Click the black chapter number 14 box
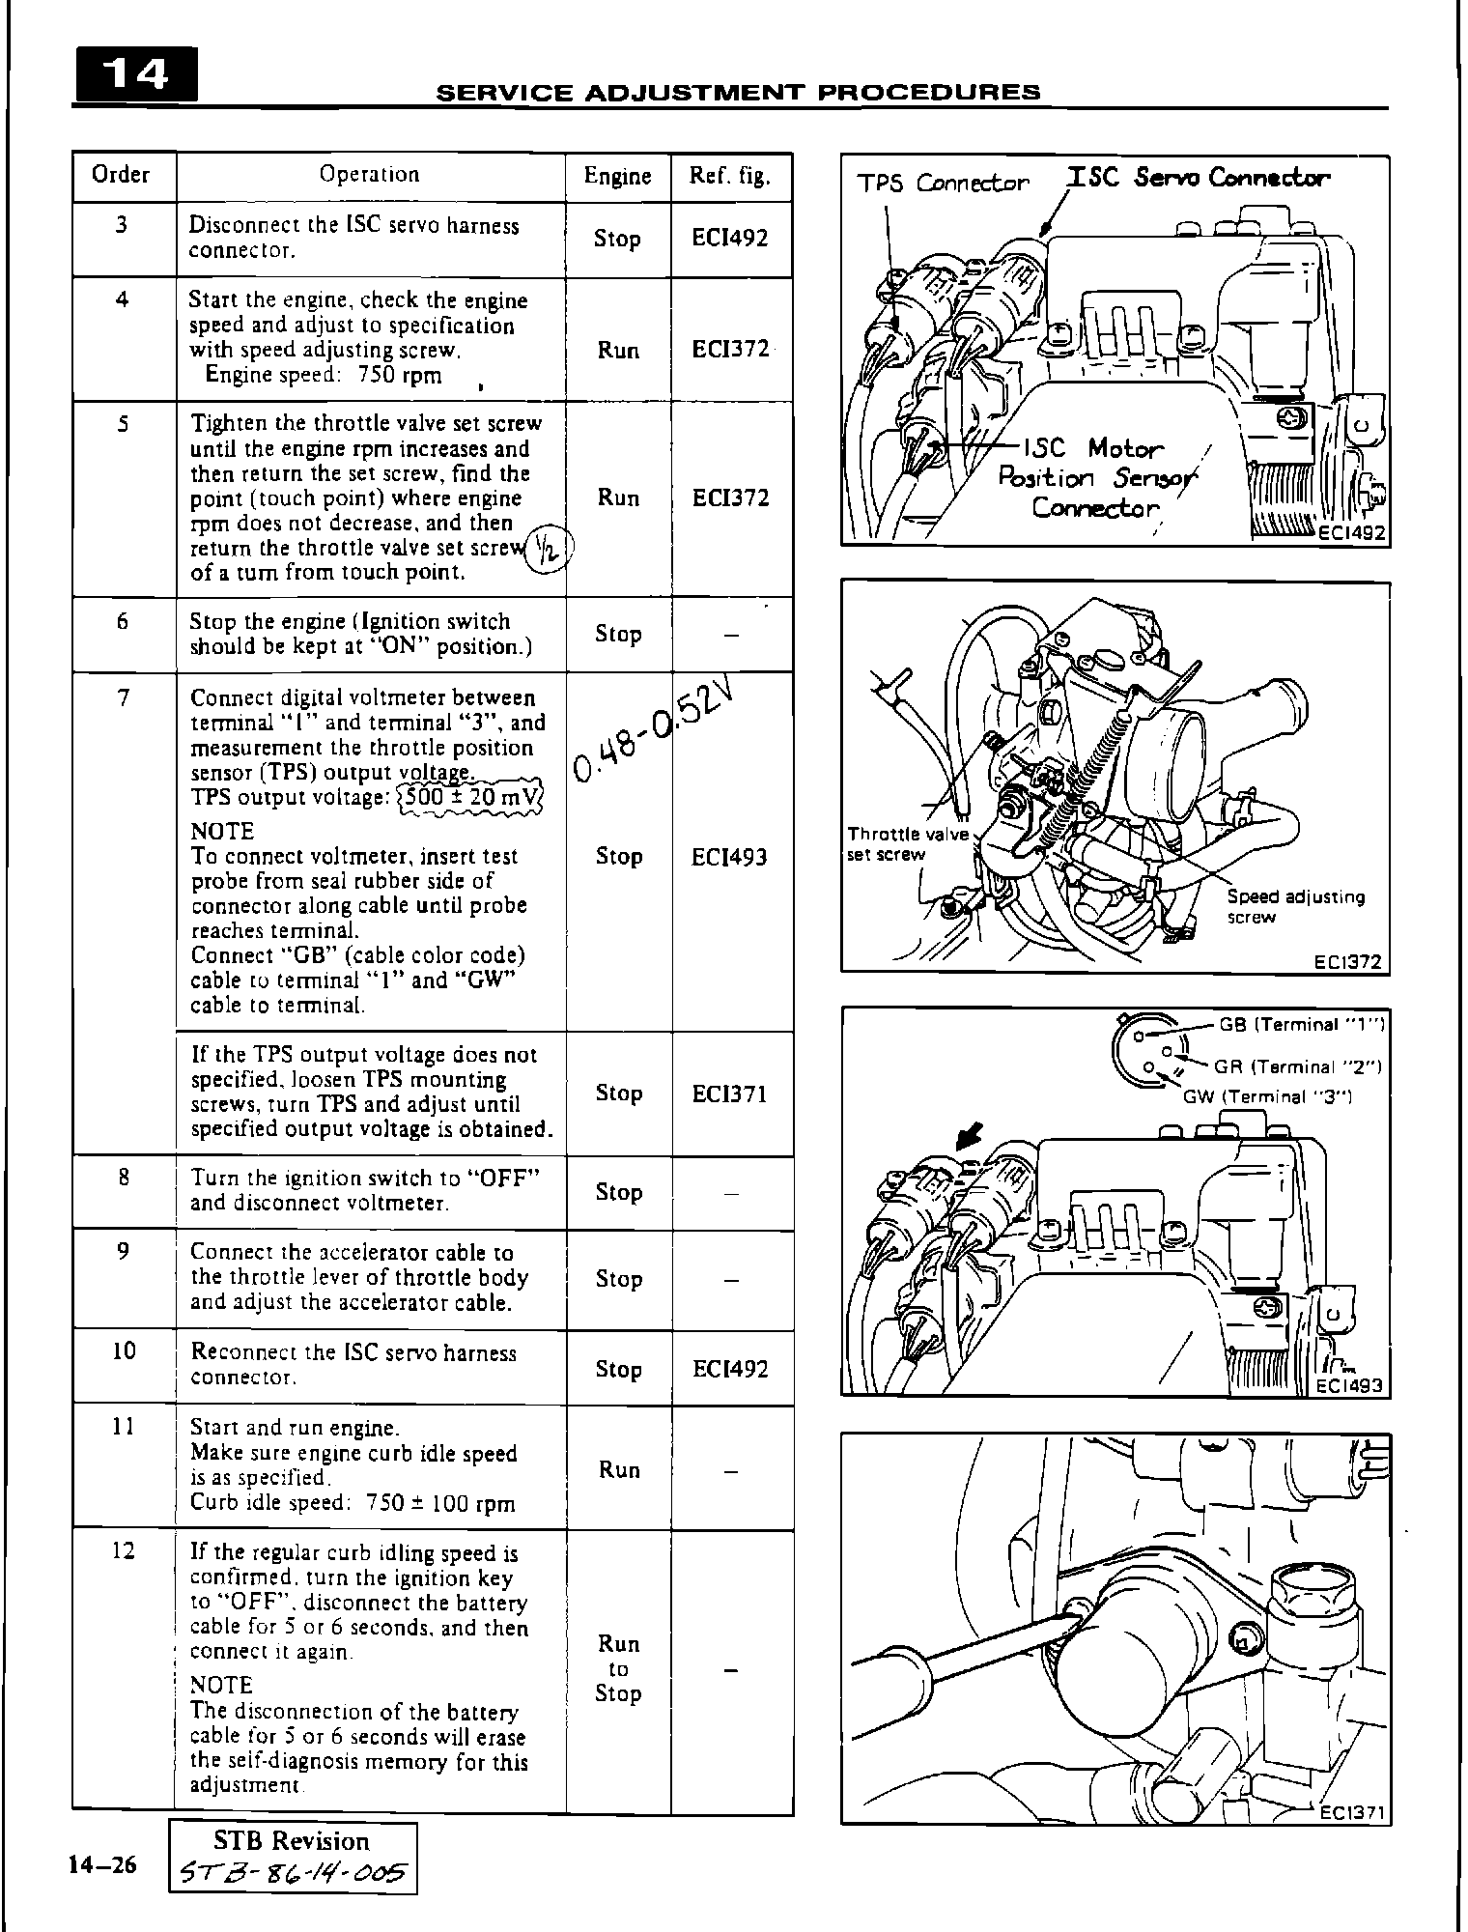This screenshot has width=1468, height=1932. click(x=136, y=74)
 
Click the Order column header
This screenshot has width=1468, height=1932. click(x=121, y=175)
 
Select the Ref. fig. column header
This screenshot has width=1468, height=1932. click(x=730, y=176)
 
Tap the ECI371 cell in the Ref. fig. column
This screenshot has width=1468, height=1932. click(x=730, y=1094)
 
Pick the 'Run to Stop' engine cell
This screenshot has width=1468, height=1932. click(x=619, y=1668)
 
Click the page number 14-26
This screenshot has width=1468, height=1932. click(x=102, y=1863)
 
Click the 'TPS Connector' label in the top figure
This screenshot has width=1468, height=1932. click(x=944, y=183)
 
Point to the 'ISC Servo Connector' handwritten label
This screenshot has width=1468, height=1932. click(x=1198, y=178)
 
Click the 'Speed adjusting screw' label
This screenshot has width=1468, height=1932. click(x=1295, y=906)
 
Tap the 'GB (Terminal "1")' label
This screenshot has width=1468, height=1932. click(x=1300, y=1026)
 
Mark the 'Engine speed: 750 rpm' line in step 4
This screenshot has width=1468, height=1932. click(x=324, y=375)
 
